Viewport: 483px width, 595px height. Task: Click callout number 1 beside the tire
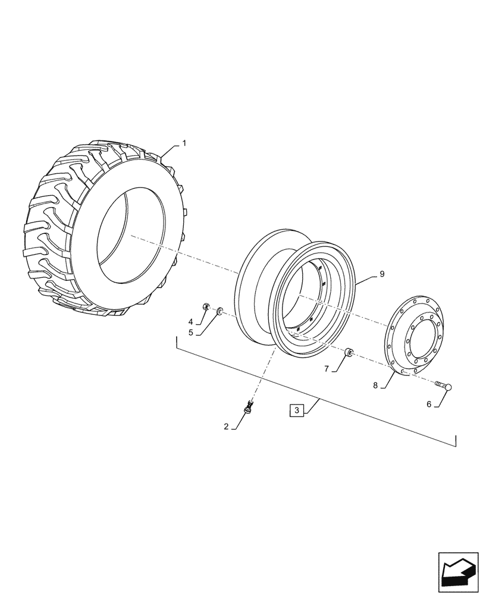pos(184,143)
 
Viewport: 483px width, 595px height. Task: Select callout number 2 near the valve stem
pos(227,427)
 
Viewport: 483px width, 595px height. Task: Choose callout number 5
pos(191,333)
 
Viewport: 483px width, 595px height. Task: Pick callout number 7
pos(326,369)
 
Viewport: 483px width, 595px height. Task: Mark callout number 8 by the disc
pos(375,385)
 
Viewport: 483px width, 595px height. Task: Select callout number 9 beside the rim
pos(382,274)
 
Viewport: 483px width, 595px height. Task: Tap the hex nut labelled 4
pos(206,307)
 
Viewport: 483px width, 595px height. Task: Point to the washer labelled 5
pos(219,310)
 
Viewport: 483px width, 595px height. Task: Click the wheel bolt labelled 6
pos(444,386)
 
